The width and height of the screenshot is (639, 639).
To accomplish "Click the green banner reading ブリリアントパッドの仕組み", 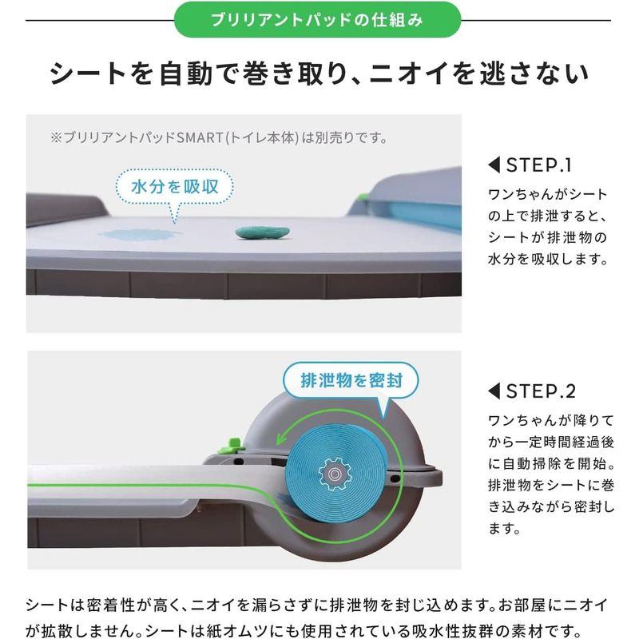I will (320, 20).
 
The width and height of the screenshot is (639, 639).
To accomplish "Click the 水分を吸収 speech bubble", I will (173, 189).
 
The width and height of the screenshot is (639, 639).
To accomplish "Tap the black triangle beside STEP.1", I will (493, 166).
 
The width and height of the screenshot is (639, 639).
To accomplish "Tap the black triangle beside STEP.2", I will (493, 391).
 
